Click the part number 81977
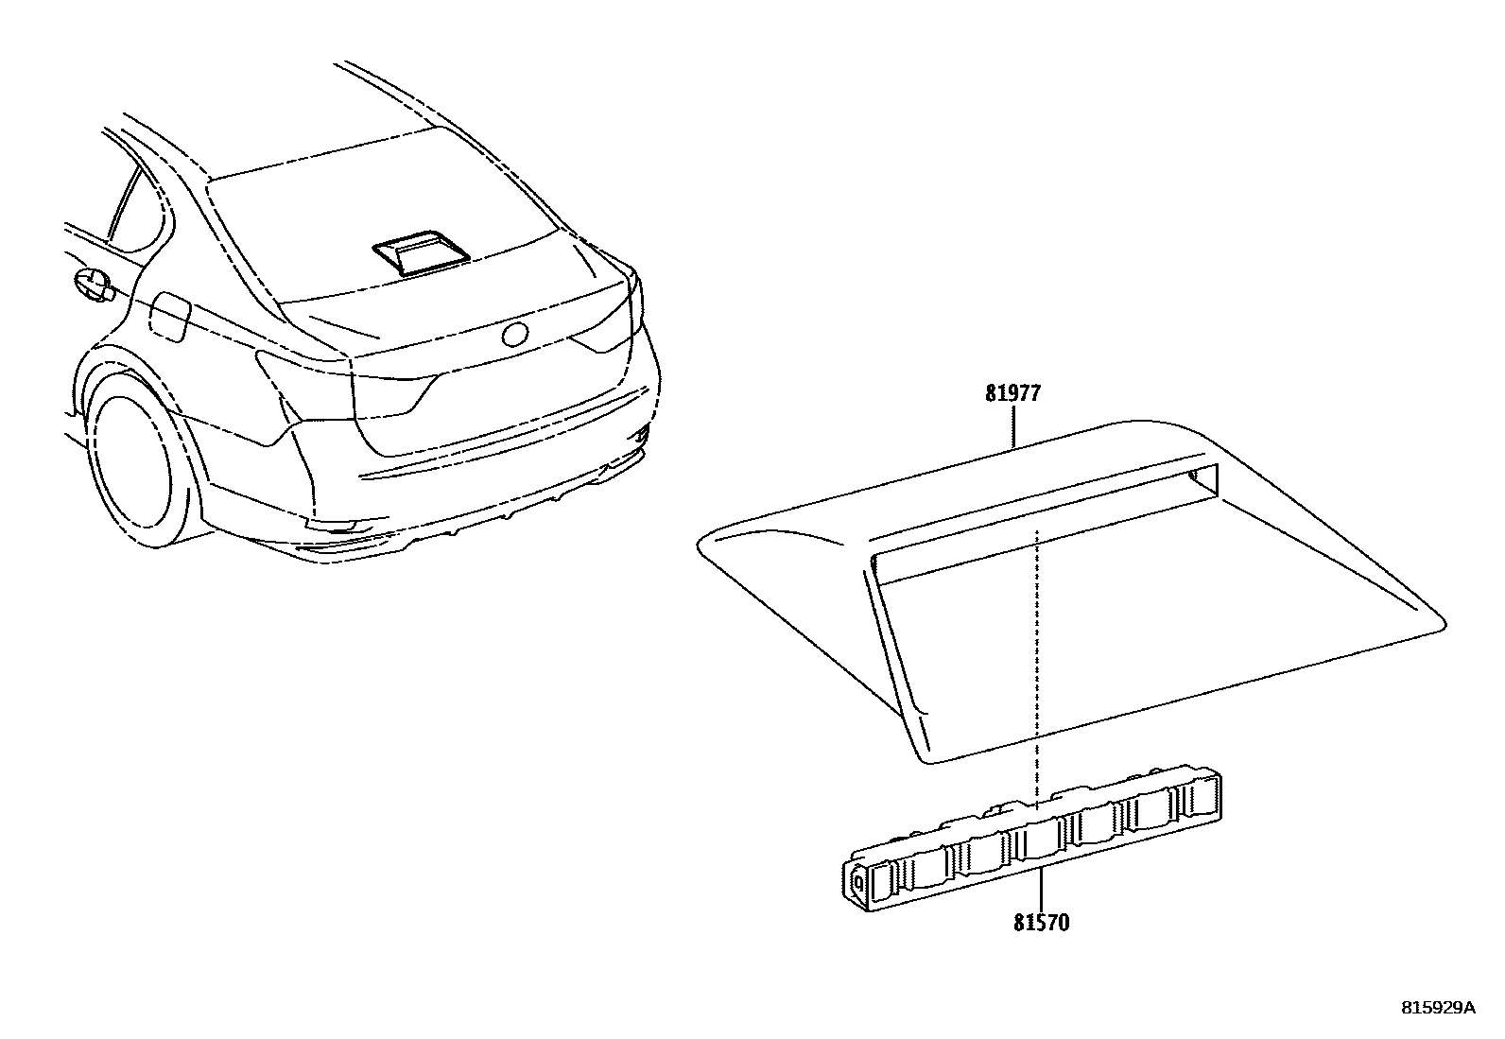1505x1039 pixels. [x=1012, y=393]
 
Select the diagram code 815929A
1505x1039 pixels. [x=1437, y=1008]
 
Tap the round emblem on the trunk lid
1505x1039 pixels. [x=516, y=334]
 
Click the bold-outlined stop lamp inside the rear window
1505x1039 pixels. [x=421, y=252]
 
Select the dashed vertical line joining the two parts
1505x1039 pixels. [x=1037, y=662]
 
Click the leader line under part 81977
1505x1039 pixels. [x=1013, y=424]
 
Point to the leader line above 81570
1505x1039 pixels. [x=1041, y=884]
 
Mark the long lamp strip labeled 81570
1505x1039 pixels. [x=1030, y=841]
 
